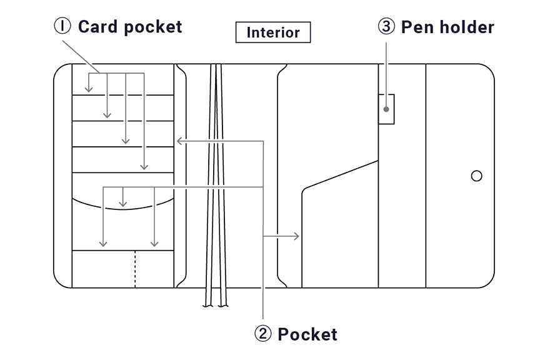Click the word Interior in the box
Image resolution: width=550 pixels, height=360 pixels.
pos(273,32)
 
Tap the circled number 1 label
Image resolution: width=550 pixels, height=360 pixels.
pos(62,26)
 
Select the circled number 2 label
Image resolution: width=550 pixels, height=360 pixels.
pos(263,334)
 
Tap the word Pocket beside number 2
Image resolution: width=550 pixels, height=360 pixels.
pos(307,334)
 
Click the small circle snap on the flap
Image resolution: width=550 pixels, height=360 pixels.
pos(476,176)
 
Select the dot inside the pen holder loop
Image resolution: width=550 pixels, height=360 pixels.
pos(387,109)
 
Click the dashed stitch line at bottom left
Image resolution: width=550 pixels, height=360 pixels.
pos(135,269)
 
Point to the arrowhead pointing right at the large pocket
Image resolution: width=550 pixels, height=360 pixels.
pos(297,237)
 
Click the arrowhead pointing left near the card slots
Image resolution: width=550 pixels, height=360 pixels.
pos(179,141)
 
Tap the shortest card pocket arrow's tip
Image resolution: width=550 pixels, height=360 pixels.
pos(89,90)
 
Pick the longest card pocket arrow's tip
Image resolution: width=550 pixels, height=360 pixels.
pos(144,167)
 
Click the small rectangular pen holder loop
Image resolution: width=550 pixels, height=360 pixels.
pos(387,109)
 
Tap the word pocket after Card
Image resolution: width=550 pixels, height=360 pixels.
pos(151,26)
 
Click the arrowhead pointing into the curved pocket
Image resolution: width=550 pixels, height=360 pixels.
pos(123,204)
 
